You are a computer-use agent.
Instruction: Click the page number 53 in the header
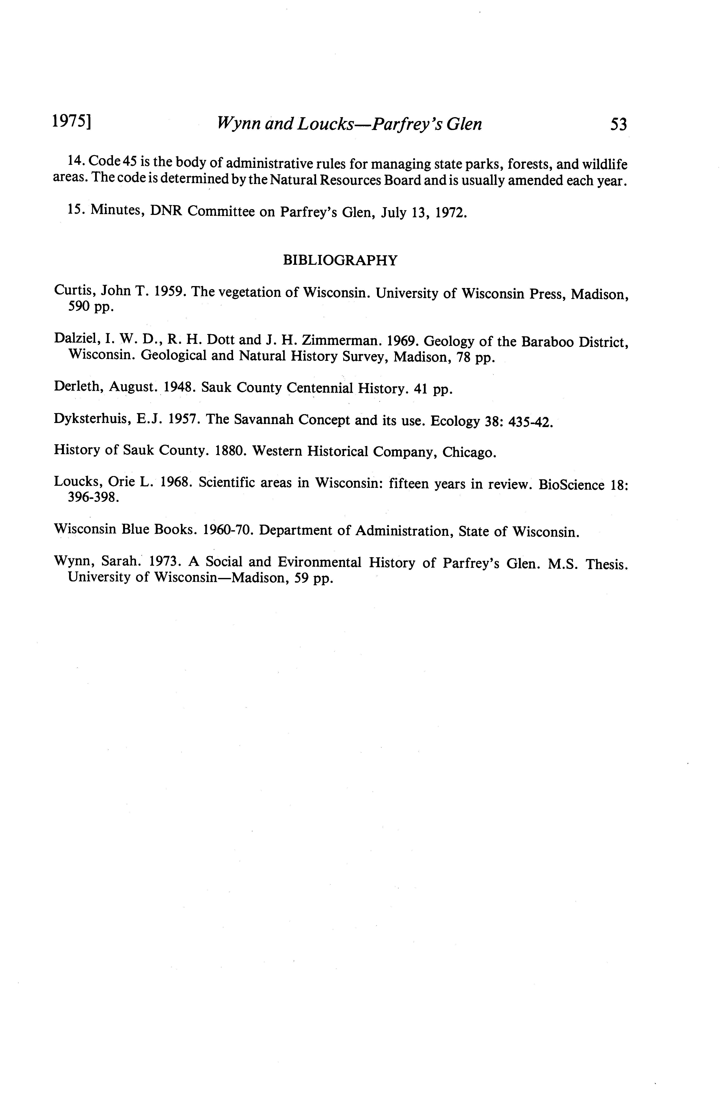[618, 124]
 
